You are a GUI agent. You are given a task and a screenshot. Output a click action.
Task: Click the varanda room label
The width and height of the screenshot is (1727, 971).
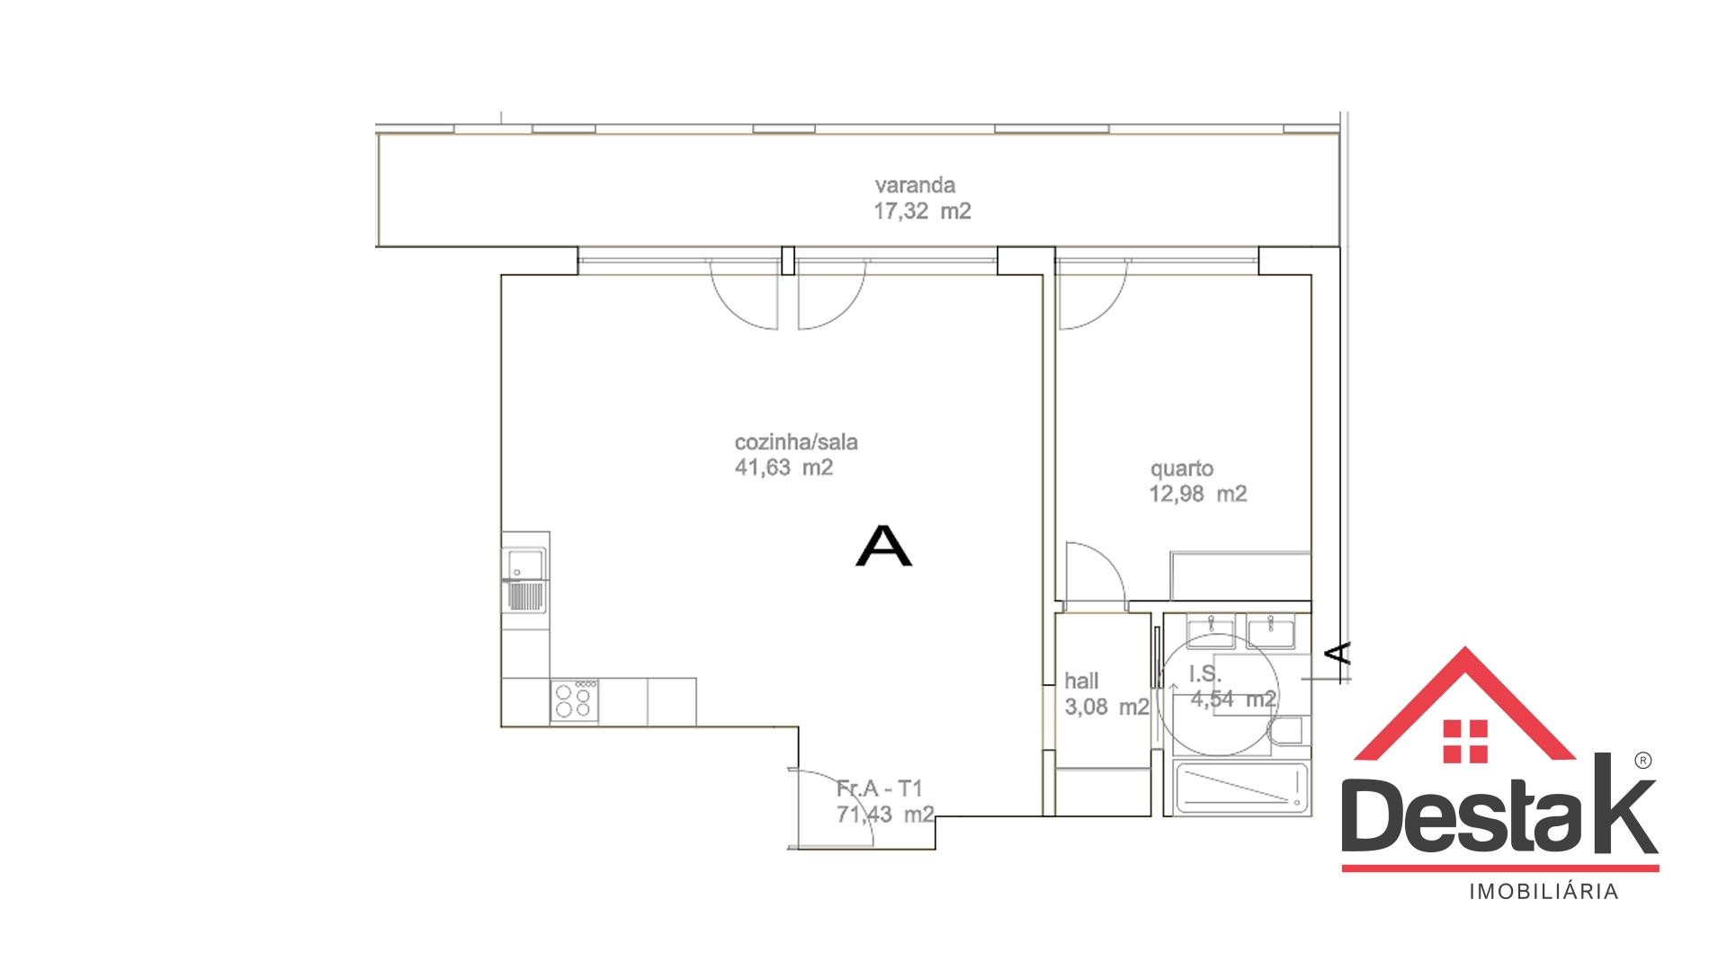[x=915, y=186]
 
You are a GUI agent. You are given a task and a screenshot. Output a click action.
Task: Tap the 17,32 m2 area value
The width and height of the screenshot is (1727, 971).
[x=922, y=212]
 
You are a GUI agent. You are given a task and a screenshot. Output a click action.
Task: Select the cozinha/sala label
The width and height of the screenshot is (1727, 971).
[x=796, y=442]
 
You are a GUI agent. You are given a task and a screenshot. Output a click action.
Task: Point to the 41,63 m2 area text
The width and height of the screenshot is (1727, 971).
[x=783, y=468]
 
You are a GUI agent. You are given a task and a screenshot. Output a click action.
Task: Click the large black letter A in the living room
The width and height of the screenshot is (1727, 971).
[x=883, y=546]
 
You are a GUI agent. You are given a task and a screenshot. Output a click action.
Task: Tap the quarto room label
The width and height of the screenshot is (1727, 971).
[x=1182, y=469]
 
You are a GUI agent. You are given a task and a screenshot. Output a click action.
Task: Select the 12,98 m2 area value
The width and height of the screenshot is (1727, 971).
[x=1198, y=494]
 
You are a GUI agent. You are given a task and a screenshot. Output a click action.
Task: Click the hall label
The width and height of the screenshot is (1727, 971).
[x=1081, y=681]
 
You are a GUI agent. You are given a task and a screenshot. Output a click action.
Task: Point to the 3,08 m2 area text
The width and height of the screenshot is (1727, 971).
[x=1106, y=707]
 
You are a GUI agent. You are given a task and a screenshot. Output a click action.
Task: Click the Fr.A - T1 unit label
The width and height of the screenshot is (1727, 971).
[x=880, y=788]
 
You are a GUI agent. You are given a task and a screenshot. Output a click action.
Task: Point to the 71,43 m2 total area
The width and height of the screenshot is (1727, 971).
[x=884, y=814]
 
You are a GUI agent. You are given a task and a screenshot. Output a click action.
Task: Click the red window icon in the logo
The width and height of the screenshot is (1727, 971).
[x=1464, y=742]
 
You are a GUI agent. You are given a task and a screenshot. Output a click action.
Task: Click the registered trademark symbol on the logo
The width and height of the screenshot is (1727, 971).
[x=1642, y=761]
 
